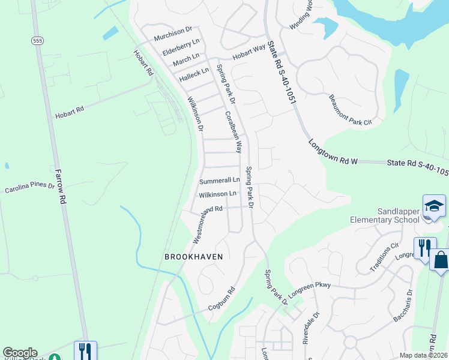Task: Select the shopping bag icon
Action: click(x=440, y=260)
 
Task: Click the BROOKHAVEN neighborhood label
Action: click(x=194, y=257)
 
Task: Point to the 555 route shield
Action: click(x=38, y=40)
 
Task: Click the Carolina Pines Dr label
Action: click(x=30, y=188)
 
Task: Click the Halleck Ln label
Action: click(x=194, y=74)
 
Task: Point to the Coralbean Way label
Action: click(x=234, y=131)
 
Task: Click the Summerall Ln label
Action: click(x=220, y=180)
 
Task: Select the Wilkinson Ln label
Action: click(x=217, y=194)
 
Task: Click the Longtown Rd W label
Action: click(x=333, y=153)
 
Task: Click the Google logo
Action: click(x=20, y=353)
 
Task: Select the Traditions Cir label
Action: click(x=385, y=257)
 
